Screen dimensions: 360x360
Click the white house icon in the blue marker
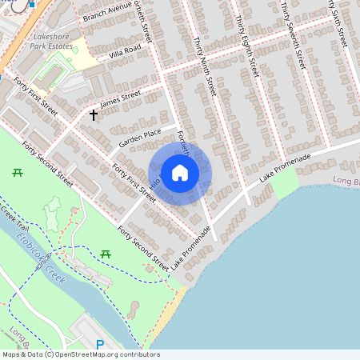pyautogui.click(x=180, y=173)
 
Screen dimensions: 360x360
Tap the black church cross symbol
pyautogui.click(x=94, y=115)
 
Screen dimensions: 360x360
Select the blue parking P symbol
pyautogui.click(x=100, y=345)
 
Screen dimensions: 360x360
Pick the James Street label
pyautogui.click(x=121, y=98)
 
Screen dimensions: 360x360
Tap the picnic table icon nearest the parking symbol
pyautogui.click(x=106, y=254)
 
